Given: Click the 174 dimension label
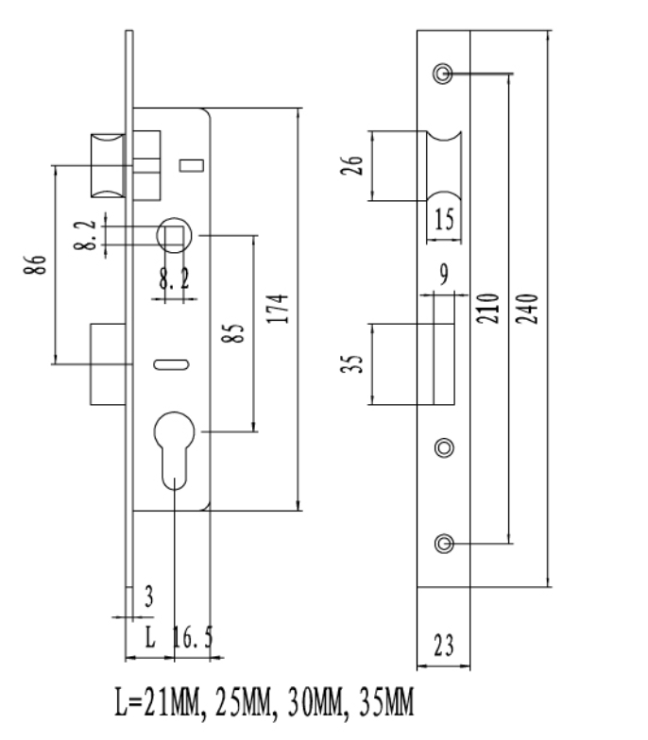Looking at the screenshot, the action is [x=278, y=309].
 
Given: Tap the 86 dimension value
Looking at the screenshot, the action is [x=36, y=264].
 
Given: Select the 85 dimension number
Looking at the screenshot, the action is [x=233, y=333].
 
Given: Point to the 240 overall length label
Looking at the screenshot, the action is [x=527, y=309].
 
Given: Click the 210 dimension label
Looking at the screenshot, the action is [x=487, y=309].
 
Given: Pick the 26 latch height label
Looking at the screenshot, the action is [x=352, y=166].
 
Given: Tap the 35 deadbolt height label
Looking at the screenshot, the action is [x=352, y=364].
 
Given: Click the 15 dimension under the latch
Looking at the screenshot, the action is [x=444, y=219].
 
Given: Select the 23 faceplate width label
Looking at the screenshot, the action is [x=444, y=646].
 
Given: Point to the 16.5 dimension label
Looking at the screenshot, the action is [x=193, y=637].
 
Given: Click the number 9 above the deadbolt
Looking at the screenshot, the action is [x=444, y=274].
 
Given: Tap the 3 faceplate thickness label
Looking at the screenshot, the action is [x=149, y=597].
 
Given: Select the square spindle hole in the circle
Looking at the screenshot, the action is [x=174, y=236].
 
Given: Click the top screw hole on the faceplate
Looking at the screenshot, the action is [x=443, y=74].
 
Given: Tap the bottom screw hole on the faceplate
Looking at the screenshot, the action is [x=444, y=544].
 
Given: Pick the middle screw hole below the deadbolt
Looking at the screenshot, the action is [x=444, y=447].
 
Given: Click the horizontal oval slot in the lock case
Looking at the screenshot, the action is [x=172, y=364].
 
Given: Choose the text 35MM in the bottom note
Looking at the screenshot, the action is [x=386, y=702].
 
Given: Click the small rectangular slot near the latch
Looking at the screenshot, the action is [x=191, y=166].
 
